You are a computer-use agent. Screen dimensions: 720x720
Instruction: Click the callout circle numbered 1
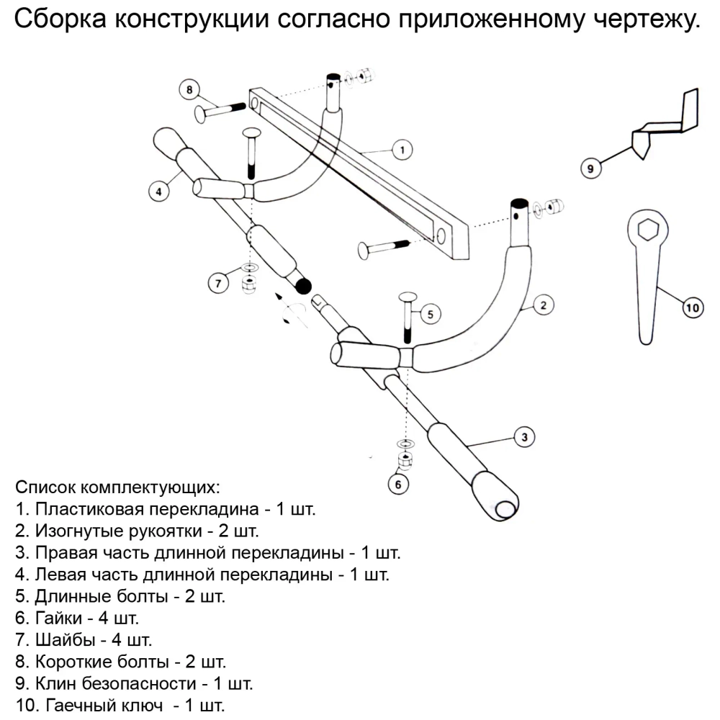402,149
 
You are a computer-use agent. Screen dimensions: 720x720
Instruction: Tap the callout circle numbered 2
544,305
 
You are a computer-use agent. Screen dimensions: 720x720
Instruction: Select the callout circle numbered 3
524,436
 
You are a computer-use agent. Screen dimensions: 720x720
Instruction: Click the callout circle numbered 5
430,314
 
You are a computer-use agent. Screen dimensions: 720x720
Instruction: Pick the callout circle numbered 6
398,484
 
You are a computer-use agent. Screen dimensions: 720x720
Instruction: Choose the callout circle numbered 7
219,282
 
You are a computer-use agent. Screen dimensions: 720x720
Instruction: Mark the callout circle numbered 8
189,90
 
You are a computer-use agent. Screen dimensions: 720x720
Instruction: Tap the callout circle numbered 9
590,168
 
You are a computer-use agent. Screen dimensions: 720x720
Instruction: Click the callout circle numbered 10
692,308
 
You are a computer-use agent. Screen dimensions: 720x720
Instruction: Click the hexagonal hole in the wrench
644,230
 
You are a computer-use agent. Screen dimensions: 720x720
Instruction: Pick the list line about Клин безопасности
133,682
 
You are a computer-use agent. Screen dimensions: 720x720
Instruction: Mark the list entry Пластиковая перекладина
165,510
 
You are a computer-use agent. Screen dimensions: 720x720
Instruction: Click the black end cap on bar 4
303,286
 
